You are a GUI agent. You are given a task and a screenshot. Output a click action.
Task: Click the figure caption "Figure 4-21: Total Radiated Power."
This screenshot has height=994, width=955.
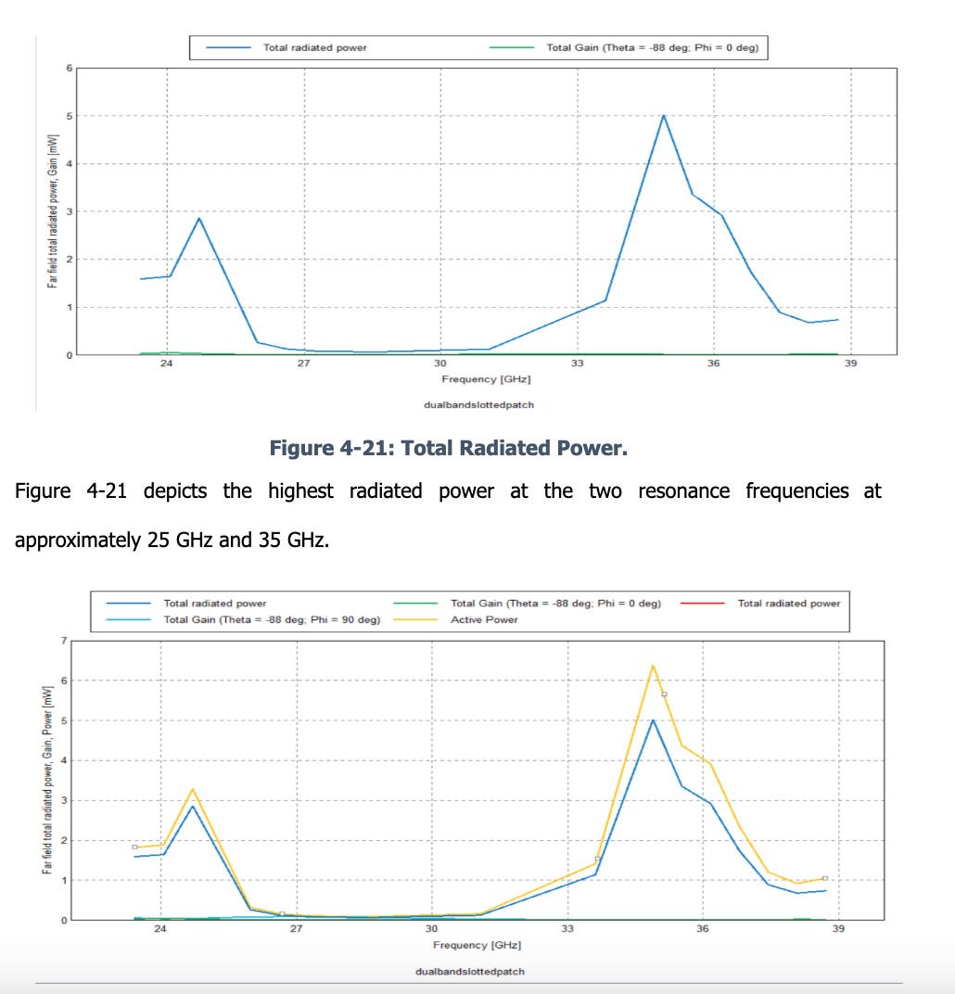point(448,449)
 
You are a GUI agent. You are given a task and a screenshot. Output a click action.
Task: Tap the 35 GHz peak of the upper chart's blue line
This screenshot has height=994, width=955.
point(664,116)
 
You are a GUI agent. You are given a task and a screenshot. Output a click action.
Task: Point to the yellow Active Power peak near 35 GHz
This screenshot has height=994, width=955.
point(653,666)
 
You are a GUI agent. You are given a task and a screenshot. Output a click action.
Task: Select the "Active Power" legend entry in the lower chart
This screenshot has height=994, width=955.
point(484,619)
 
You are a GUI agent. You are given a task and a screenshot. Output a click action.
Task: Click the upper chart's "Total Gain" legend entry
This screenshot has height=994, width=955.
point(652,47)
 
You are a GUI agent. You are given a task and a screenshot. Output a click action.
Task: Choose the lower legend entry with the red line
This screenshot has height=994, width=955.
point(788,604)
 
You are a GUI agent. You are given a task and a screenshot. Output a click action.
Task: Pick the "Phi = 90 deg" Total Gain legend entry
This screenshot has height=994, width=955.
point(271,619)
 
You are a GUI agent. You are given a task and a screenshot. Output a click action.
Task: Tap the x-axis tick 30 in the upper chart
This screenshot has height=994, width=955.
point(439,364)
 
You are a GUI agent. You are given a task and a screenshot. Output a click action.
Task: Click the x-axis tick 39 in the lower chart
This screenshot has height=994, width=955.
point(837,929)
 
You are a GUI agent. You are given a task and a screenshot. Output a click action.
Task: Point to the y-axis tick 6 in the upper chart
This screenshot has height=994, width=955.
point(68,69)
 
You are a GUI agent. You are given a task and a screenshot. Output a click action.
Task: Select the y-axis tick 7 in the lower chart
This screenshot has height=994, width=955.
point(64,641)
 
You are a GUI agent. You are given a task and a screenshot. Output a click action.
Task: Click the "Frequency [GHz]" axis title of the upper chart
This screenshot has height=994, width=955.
point(486,379)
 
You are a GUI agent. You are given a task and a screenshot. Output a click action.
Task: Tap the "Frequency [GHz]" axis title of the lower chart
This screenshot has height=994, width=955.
point(477,945)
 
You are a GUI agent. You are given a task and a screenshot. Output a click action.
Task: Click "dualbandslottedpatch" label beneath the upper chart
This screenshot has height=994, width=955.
point(478,404)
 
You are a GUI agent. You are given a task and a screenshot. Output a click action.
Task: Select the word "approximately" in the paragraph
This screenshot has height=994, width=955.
point(78,540)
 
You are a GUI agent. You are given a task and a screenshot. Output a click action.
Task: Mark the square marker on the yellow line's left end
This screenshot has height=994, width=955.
point(134,847)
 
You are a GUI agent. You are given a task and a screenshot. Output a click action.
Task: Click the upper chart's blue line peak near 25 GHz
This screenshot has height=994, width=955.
point(199,219)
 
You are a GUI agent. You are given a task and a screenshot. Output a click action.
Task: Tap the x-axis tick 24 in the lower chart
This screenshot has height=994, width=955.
point(160,929)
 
